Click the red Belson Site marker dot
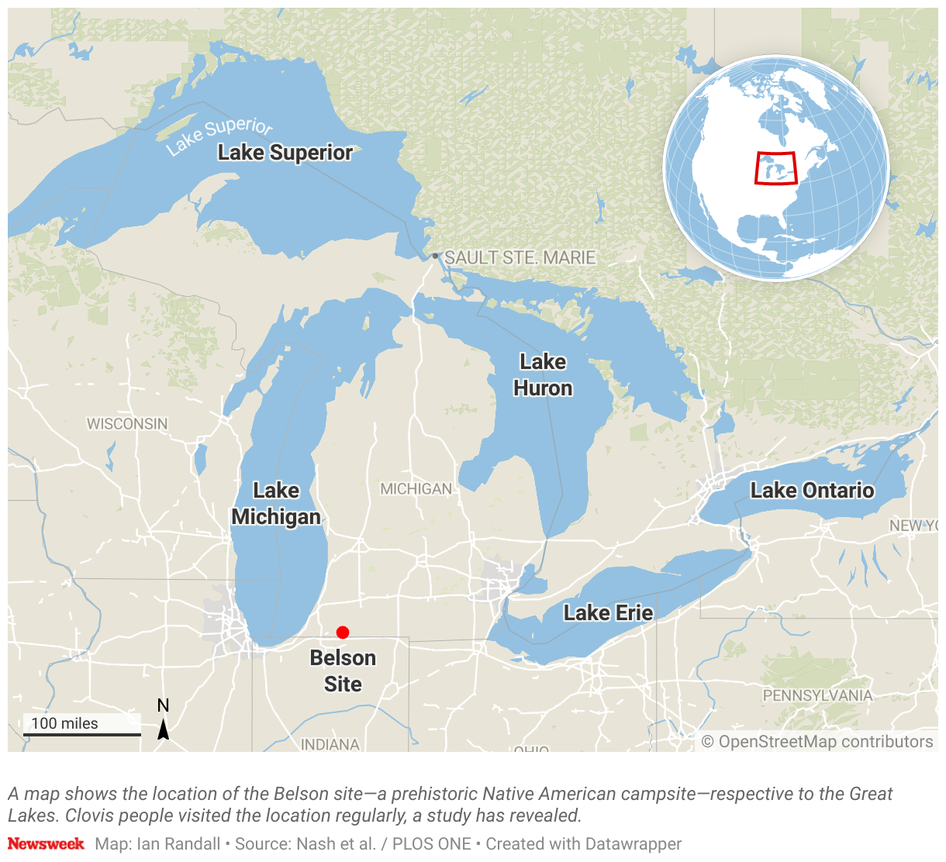343,633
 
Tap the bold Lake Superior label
285,153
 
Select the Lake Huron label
543,374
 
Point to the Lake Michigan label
276,504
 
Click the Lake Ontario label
812,491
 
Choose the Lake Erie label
608,613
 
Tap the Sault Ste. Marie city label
520,257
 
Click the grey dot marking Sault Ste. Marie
436,256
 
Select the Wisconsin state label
127,424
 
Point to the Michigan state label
416,489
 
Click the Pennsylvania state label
817,695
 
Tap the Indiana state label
330,744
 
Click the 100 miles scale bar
81,733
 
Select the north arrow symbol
164,729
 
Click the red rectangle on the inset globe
776,168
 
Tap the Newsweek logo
46,843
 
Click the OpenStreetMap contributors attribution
817,742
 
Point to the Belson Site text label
343,671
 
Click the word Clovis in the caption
91,815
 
